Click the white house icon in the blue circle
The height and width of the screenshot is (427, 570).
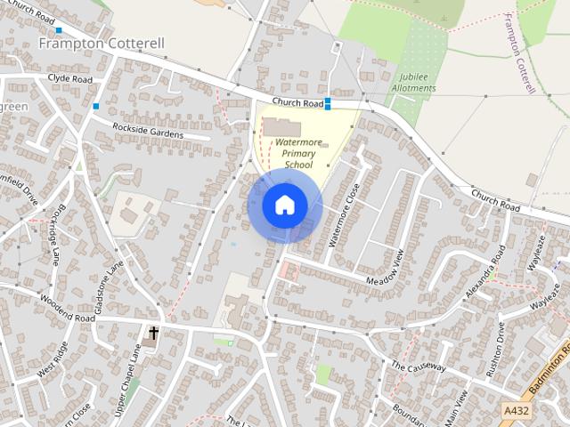tap(284, 205)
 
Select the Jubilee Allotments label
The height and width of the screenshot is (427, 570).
tap(413, 83)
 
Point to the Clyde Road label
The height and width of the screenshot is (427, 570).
tap(70, 79)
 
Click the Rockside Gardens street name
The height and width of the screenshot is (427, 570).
tap(147, 132)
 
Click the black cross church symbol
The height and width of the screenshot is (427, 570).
tap(153, 334)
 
